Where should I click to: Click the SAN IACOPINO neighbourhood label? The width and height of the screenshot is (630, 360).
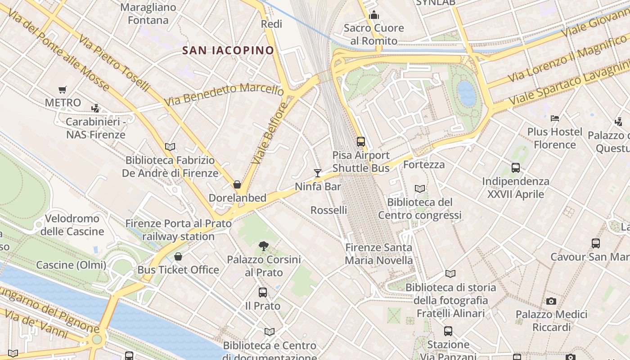coord(228,50)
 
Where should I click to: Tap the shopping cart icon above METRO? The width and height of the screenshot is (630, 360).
coord(63,90)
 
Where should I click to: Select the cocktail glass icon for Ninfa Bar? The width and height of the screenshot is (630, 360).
coord(318,173)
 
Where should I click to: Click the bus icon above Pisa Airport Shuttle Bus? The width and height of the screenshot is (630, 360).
coord(361,142)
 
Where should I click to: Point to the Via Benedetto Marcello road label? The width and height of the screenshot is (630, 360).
coord(224,94)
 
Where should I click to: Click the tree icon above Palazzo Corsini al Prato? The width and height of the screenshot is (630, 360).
coord(264,246)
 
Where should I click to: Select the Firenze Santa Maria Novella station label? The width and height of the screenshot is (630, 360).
coord(378,254)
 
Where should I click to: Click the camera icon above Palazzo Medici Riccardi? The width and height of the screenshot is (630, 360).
coord(551,301)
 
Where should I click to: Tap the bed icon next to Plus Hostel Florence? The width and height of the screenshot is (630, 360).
coord(555,118)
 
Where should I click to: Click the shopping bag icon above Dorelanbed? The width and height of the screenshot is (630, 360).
coord(237,184)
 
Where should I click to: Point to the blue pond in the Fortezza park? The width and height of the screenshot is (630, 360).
coord(467,94)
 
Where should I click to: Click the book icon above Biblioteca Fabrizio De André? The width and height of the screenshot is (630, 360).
coord(170,147)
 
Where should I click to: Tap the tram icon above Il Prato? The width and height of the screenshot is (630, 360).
coord(263,292)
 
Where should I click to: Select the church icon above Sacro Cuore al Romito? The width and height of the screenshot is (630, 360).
coord(373,15)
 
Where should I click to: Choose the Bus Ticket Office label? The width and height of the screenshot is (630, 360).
coord(178,270)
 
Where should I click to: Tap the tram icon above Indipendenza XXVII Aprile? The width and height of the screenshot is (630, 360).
coord(516,168)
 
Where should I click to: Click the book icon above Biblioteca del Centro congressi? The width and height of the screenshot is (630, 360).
coord(420,189)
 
